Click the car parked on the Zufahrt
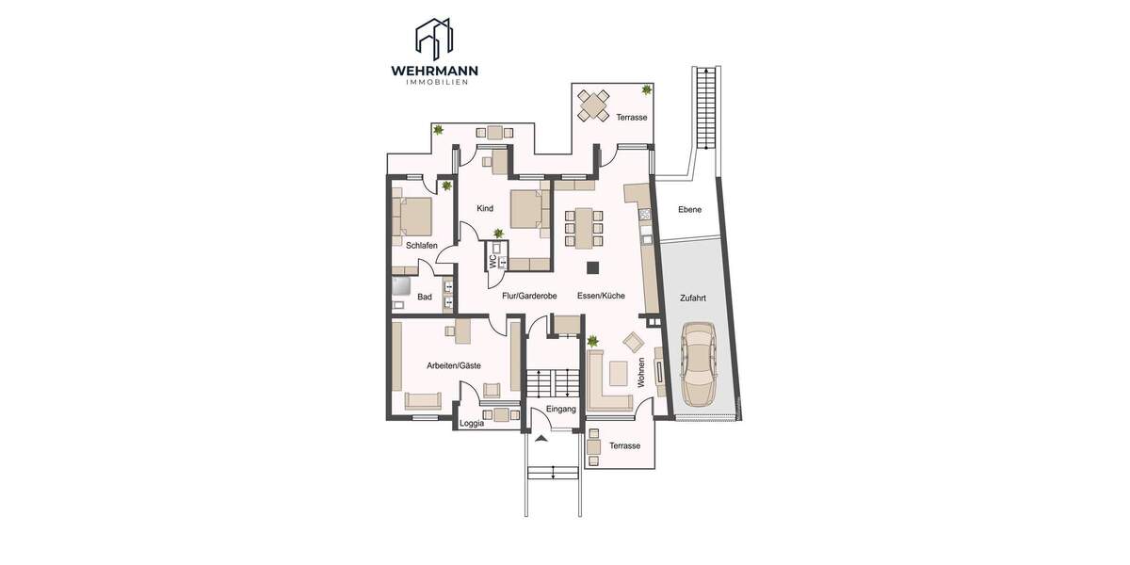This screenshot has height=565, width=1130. click(x=699, y=363)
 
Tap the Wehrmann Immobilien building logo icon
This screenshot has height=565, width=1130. click(x=434, y=36)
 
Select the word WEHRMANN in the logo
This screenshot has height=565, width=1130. click(x=434, y=70)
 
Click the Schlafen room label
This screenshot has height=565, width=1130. click(x=422, y=246)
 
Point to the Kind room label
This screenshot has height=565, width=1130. click(x=485, y=208)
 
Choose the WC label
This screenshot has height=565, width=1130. click(x=492, y=261)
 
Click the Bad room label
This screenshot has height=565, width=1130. click(x=425, y=298)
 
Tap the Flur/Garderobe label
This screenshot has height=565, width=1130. click(x=529, y=296)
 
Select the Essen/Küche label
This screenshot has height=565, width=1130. click(x=601, y=296)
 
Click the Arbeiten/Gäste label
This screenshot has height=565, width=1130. click(x=454, y=365)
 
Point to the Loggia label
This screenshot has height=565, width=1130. click(x=472, y=424)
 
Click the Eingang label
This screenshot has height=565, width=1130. click(x=561, y=409)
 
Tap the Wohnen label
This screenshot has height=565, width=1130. click(x=641, y=372)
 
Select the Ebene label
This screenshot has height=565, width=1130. click(x=689, y=209)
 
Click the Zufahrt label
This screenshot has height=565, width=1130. click(x=693, y=299)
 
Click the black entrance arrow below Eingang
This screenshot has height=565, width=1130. click(x=541, y=439)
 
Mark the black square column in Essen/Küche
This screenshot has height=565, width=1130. click(x=592, y=267)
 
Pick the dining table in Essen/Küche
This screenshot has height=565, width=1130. click(x=584, y=228)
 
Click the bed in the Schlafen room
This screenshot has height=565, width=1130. click(x=412, y=217)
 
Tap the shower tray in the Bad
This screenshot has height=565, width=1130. click(x=403, y=286)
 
